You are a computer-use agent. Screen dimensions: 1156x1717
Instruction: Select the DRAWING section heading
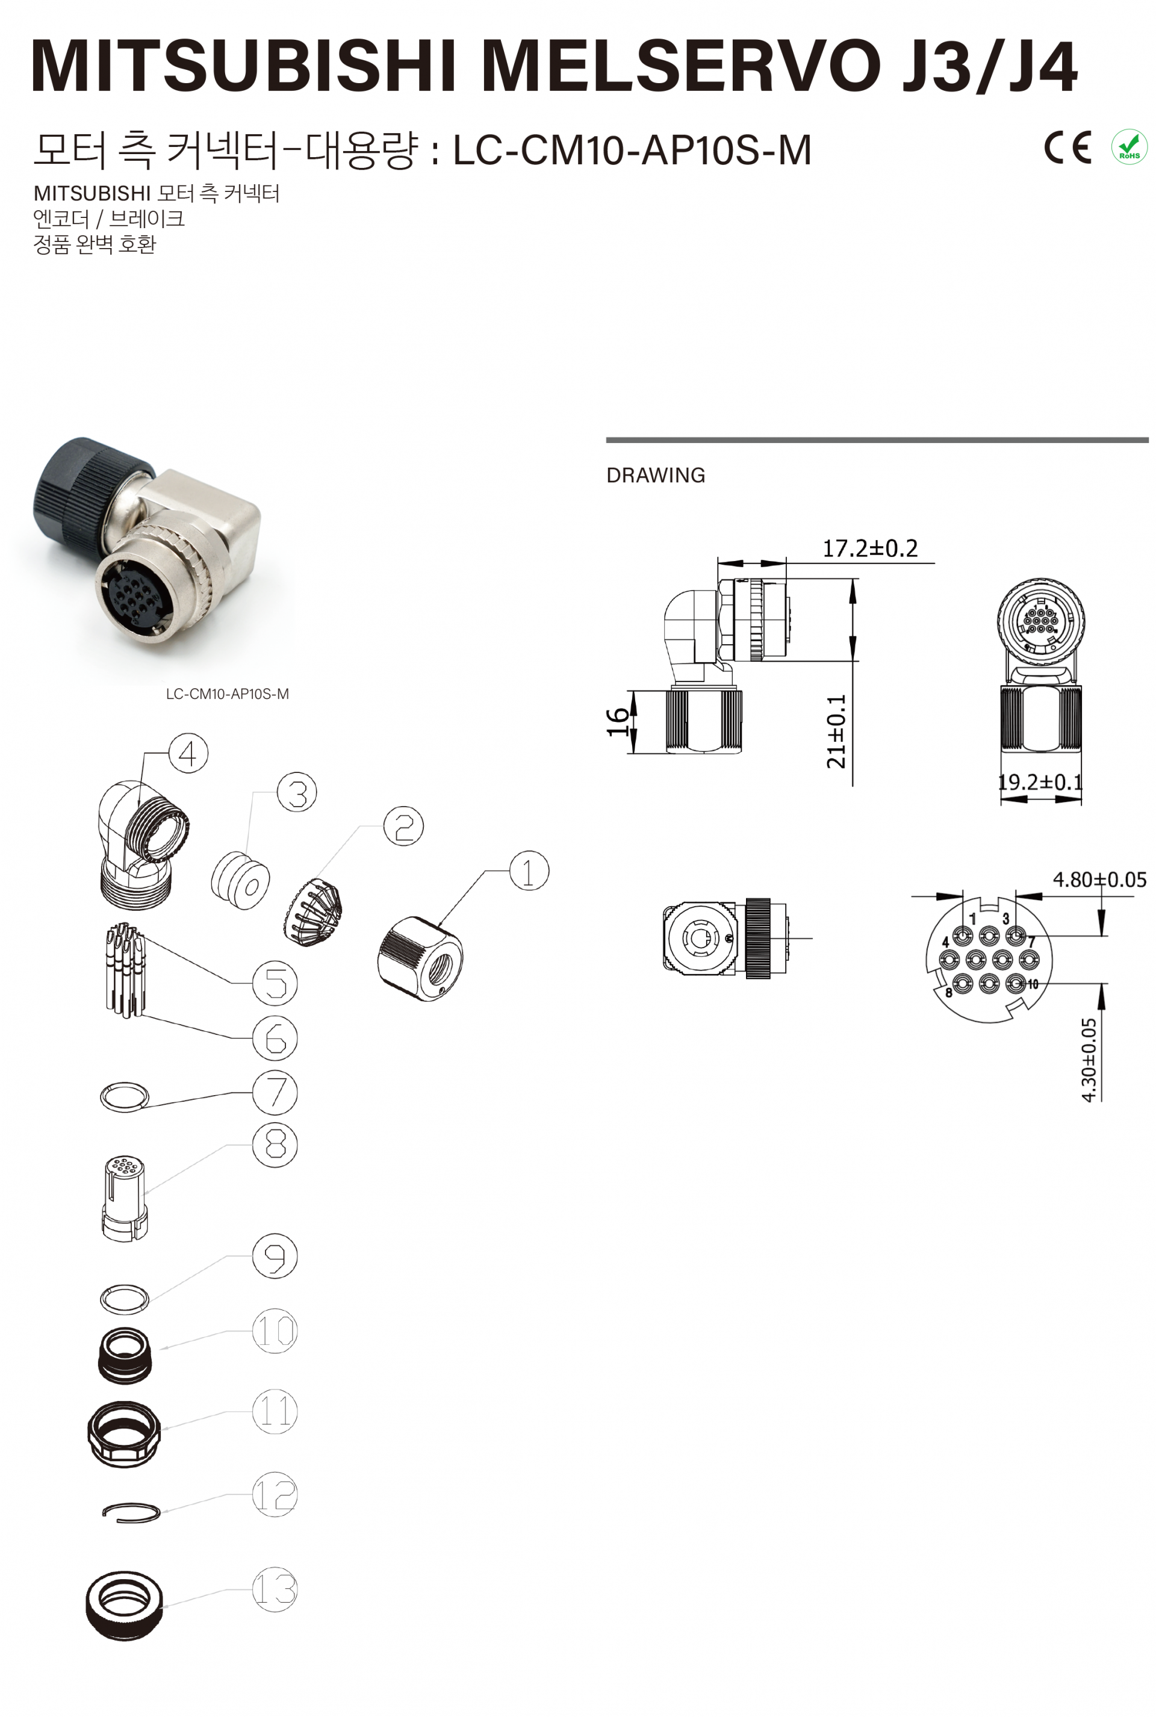pos(656,475)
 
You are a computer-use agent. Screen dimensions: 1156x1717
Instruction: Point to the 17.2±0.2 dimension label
pos(870,548)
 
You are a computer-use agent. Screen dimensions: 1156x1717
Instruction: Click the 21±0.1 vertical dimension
pos(836,731)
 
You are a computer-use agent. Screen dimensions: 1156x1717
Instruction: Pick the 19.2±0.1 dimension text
pos(1040,781)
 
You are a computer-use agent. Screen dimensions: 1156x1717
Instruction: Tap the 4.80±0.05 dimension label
pos(1099,879)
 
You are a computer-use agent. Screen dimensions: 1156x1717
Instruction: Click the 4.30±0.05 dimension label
pos(1089,1060)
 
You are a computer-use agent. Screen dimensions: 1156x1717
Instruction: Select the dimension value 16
pos(617,722)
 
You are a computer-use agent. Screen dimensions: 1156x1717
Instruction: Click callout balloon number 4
pos(188,753)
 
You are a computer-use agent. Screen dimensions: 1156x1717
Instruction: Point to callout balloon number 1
pos(529,871)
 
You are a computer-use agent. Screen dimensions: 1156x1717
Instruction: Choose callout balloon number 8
pos(275,1144)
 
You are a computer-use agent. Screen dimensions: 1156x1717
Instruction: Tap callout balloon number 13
pos(275,1589)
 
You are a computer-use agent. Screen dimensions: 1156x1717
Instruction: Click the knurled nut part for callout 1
pos(420,958)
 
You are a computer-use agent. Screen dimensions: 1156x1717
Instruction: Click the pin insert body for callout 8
pos(125,1197)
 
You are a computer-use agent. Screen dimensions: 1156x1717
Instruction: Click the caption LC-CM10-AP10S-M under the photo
pos(227,694)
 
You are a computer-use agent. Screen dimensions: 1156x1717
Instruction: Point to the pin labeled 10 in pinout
pos(1016,984)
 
